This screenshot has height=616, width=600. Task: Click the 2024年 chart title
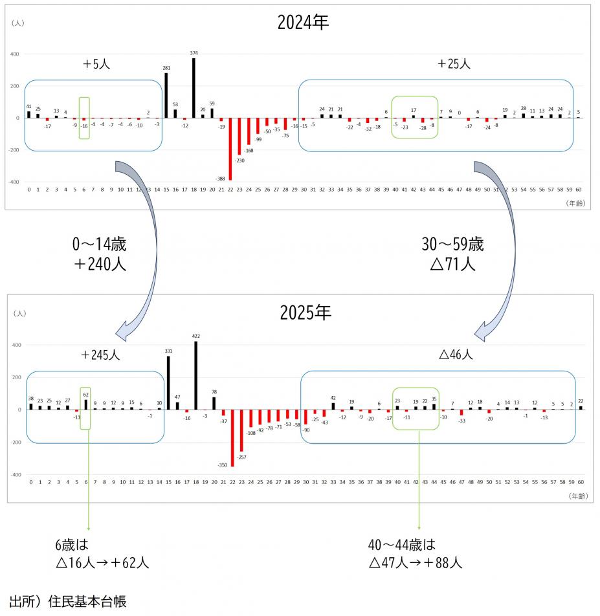303,23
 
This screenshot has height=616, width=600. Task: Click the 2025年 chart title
305,313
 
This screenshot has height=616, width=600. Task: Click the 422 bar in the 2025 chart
195,375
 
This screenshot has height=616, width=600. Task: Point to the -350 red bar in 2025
232,437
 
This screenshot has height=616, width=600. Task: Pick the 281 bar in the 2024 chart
166,95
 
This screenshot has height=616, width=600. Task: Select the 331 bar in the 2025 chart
168,382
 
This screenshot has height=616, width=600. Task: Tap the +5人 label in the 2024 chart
95,64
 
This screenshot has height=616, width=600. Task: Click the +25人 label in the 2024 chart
453,64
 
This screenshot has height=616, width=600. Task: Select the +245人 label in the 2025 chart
100,355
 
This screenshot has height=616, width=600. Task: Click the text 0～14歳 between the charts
99,245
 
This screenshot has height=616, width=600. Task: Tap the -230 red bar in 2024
239,136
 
